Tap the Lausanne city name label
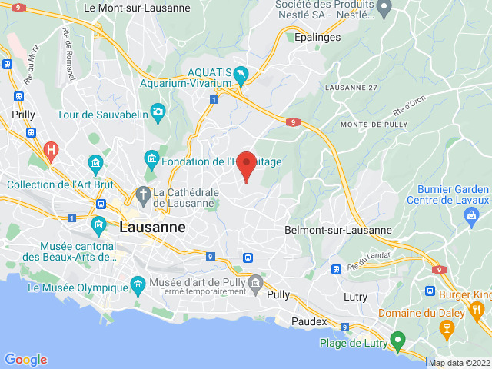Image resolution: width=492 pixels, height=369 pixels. (x=153, y=228)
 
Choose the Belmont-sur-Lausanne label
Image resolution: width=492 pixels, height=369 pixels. (x=338, y=230)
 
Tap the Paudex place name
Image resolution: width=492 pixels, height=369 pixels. (x=309, y=321)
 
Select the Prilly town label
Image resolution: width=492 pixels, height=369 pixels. (x=23, y=115)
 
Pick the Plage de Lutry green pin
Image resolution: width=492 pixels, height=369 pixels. (x=397, y=341)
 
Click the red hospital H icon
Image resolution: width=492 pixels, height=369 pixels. (x=52, y=149)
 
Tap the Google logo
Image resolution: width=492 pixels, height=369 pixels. (x=25, y=360)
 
